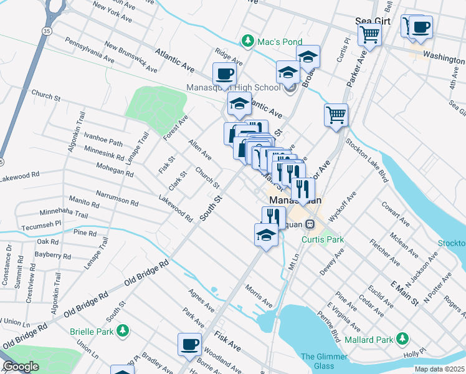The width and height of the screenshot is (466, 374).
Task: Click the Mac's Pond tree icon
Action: (248, 41)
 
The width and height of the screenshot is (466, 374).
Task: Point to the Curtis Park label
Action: (323, 239)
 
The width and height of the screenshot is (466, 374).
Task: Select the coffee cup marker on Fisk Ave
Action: (189, 343)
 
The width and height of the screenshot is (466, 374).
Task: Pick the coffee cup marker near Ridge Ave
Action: (225, 74)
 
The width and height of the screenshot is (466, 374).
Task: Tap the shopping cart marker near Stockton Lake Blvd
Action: (336, 114)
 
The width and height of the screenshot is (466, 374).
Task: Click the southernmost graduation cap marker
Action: (267, 235)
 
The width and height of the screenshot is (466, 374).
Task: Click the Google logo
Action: (20, 367)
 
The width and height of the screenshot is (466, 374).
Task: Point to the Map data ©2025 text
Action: (440, 369)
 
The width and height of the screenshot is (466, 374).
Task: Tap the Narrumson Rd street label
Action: (117, 199)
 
